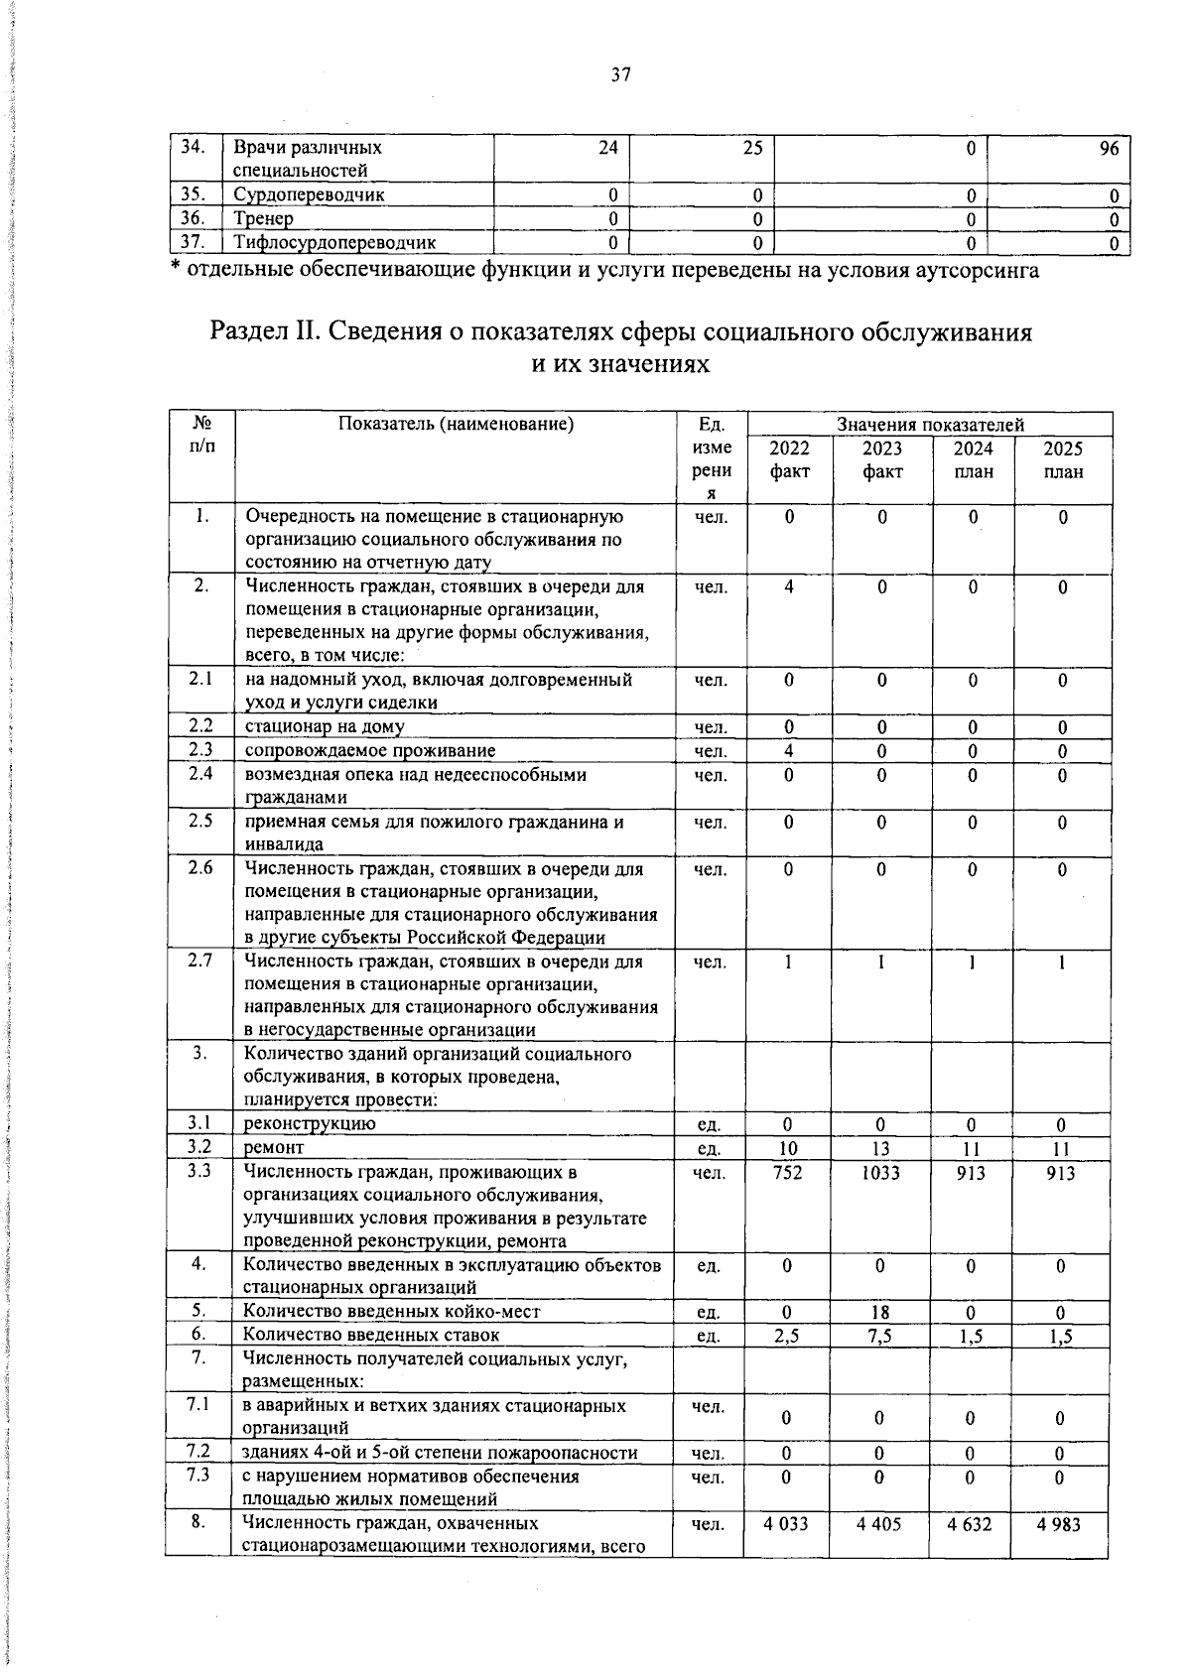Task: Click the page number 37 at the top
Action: pyautogui.click(x=621, y=75)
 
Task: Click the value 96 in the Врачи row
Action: pyautogui.click(x=1109, y=148)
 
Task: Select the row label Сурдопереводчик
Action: pyautogui.click(x=309, y=195)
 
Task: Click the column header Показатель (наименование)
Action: pyautogui.click(x=457, y=425)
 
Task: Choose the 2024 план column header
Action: pyautogui.click(x=973, y=459)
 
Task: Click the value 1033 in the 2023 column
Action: pyautogui.click(x=881, y=1173)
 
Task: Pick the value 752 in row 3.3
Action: pyautogui.click(x=787, y=1173)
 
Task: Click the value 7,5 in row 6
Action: pyautogui.click(x=879, y=1336)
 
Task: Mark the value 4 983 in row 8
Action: pyautogui.click(x=1059, y=1523)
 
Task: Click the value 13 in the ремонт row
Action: pyautogui.click(x=880, y=1149)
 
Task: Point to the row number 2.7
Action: pyautogui.click(x=200, y=962)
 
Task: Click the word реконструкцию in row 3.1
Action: pyautogui.click(x=310, y=1124)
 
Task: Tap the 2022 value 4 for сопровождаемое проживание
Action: pyautogui.click(x=788, y=751)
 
